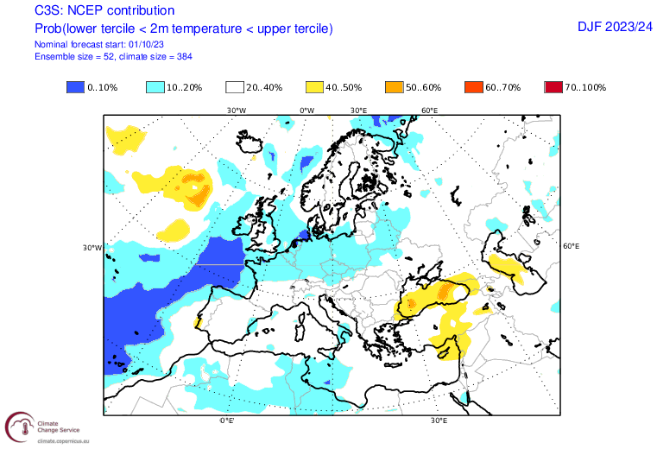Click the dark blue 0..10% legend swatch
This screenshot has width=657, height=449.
click(x=75, y=88)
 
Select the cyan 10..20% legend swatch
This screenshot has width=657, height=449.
click(x=155, y=88)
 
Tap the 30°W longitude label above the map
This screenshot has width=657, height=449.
click(x=237, y=111)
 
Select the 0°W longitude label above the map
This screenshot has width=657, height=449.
click(x=306, y=111)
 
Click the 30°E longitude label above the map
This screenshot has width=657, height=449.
click(x=359, y=111)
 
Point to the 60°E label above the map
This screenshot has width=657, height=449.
click(x=429, y=111)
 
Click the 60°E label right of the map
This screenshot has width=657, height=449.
click(x=571, y=246)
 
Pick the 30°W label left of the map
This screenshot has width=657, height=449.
click(x=92, y=248)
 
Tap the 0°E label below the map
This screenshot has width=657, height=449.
click(x=226, y=421)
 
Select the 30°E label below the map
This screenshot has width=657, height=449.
click(x=439, y=421)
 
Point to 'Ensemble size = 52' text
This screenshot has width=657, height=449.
click(x=73, y=56)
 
